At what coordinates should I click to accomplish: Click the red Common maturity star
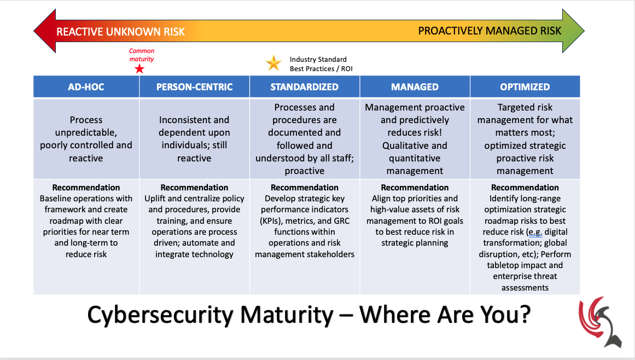(139, 69)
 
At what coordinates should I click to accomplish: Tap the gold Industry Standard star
(273, 63)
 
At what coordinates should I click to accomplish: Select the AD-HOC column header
(86, 87)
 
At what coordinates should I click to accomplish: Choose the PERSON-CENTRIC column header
(194, 87)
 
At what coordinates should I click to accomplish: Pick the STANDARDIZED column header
(304, 87)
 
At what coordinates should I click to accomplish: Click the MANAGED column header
(415, 87)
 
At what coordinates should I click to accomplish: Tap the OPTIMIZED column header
(525, 87)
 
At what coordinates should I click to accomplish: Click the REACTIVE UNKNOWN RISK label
(121, 32)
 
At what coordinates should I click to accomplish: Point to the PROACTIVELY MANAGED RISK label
(490, 31)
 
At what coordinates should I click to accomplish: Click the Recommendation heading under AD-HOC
(86, 188)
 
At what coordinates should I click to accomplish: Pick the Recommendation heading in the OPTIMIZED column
(525, 188)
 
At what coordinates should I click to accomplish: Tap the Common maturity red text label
(141, 55)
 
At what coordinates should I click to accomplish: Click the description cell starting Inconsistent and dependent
(194, 139)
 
